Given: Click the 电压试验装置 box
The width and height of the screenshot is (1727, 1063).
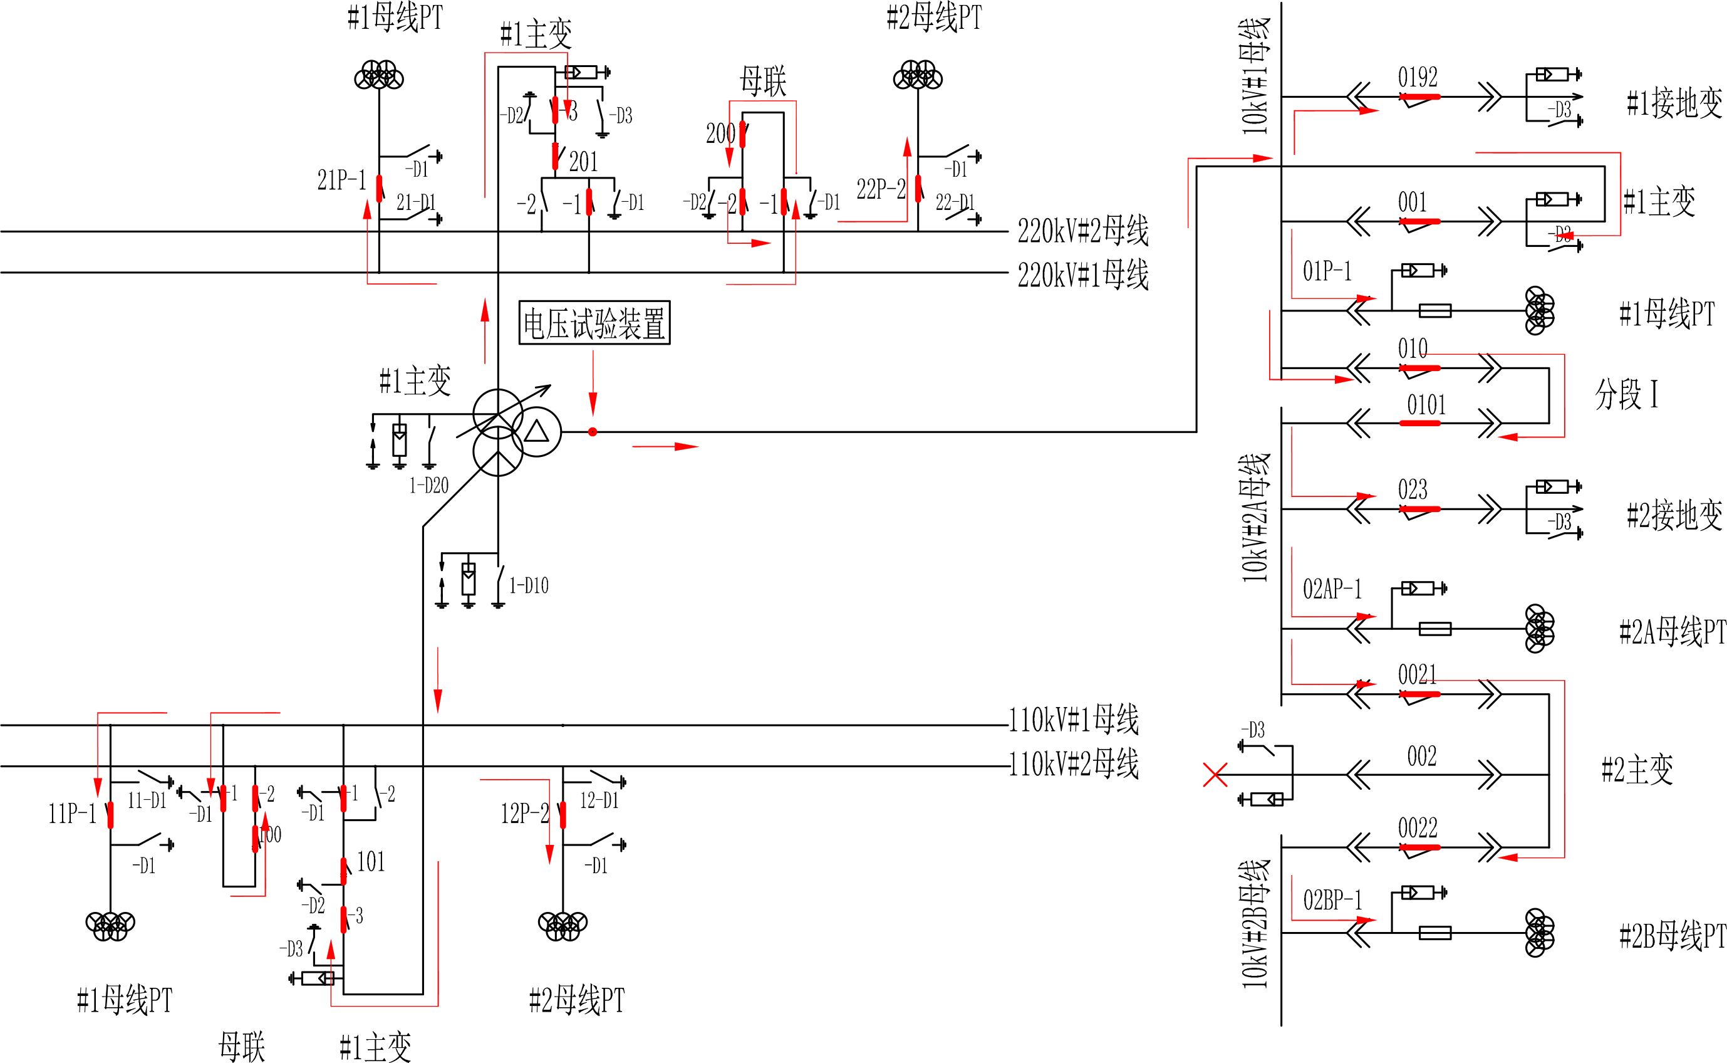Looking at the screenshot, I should pyautogui.click(x=594, y=323).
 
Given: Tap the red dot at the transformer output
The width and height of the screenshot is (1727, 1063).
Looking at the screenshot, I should pyautogui.click(x=593, y=432).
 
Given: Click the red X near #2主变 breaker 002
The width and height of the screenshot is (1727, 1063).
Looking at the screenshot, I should pyautogui.click(x=1215, y=775).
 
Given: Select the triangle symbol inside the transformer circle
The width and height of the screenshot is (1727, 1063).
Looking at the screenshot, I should pyautogui.click(x=536, y=431).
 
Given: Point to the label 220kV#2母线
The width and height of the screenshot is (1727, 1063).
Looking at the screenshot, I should pyautogui.click(x=1082, y=231).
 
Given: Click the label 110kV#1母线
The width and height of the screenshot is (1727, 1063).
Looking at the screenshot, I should pyautogui.click(x=1074, y=719).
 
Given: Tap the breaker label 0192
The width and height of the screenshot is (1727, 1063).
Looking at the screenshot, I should pyautogui.click(x=1417, y=76).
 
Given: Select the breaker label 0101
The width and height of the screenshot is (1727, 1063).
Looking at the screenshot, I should pyautogui.click(x=1426, y=405).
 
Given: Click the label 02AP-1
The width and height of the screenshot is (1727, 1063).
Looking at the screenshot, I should pyautogui.click(x=1332, y=589).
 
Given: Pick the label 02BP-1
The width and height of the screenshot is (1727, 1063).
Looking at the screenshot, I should pyautogui.click(x=1332, y=900).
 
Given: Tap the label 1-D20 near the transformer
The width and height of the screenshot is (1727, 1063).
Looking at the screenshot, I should pyautogui.click(x=428, y=485).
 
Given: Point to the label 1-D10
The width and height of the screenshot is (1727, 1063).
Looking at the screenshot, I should pyautogui.click(x=528, y=585).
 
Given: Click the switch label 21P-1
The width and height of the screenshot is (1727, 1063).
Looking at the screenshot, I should pyautogui.click(x=341, y=180).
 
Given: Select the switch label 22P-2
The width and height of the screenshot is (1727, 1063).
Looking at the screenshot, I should pyautogui.click(x=880, y=189).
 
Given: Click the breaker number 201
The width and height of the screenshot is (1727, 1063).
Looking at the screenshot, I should pyautogui.click(x=583, y=162).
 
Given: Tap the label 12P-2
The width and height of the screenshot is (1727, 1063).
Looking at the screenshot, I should pyautogui.click(x=524, y=814).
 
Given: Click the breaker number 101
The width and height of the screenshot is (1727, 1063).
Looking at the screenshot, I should pyautogui.click(x=371, y=861).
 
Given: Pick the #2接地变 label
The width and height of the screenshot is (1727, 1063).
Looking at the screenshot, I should pyautogui.click(x=1674, y=515).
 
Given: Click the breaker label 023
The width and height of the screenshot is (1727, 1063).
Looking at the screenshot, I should pyautogui.click(x=1413, y=489).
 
